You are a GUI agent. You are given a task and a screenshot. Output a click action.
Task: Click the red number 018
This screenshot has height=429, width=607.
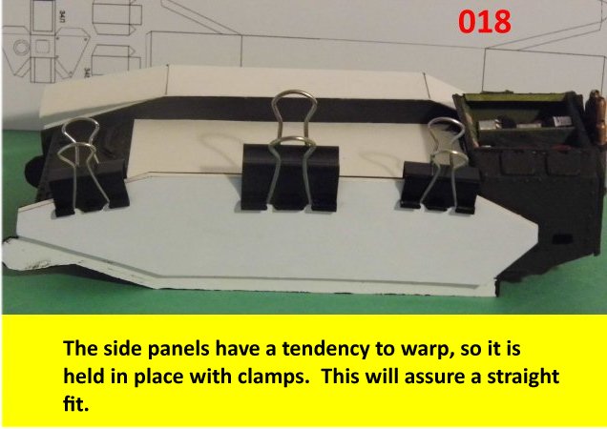click(x=484, y=22)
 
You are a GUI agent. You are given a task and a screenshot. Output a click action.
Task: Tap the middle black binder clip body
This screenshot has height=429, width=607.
click(x=290, y=178)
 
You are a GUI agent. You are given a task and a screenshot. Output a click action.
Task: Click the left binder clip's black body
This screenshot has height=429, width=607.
click(x=88, y=187)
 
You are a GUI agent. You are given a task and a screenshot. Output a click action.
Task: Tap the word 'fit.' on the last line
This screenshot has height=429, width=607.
click(x=76, y=404)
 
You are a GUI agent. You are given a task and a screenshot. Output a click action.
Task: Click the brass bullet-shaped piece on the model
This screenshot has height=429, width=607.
click(x=597, y=116)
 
